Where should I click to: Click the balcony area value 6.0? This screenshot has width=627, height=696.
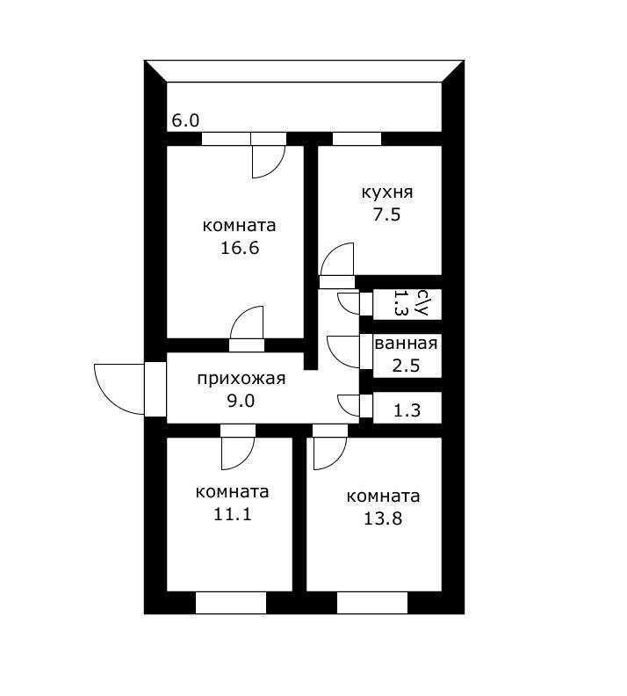185,121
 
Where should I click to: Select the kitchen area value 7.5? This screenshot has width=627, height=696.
386,214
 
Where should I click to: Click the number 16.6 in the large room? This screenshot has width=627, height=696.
240,248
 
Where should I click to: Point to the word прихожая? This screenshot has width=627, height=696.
241,379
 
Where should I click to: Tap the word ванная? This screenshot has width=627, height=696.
406,344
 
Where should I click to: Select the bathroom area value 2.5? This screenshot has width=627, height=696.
406,366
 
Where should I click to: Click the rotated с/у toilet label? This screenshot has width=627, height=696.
422,303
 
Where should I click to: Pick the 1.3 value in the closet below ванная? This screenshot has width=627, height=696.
406,409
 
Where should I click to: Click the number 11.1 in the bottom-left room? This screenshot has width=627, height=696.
233,514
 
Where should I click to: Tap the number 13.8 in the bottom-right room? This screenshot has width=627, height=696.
383,518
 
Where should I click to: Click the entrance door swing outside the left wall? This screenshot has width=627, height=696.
119,388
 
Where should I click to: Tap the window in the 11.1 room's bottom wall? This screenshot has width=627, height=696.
230,603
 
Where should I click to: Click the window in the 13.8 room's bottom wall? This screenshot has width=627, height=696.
372,603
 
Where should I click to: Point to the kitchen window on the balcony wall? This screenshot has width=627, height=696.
357,138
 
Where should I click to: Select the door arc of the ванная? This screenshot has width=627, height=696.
342,352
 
